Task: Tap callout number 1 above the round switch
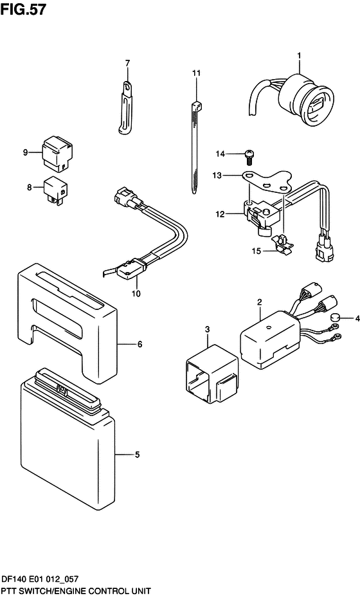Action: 300,56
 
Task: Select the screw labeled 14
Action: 249,156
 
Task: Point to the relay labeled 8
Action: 55,190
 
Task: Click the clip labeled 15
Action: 282,244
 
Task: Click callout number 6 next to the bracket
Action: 140,344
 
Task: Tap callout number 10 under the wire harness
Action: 136,293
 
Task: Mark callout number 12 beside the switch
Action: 220,214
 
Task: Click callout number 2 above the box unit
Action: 259,302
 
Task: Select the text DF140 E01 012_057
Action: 40,579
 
